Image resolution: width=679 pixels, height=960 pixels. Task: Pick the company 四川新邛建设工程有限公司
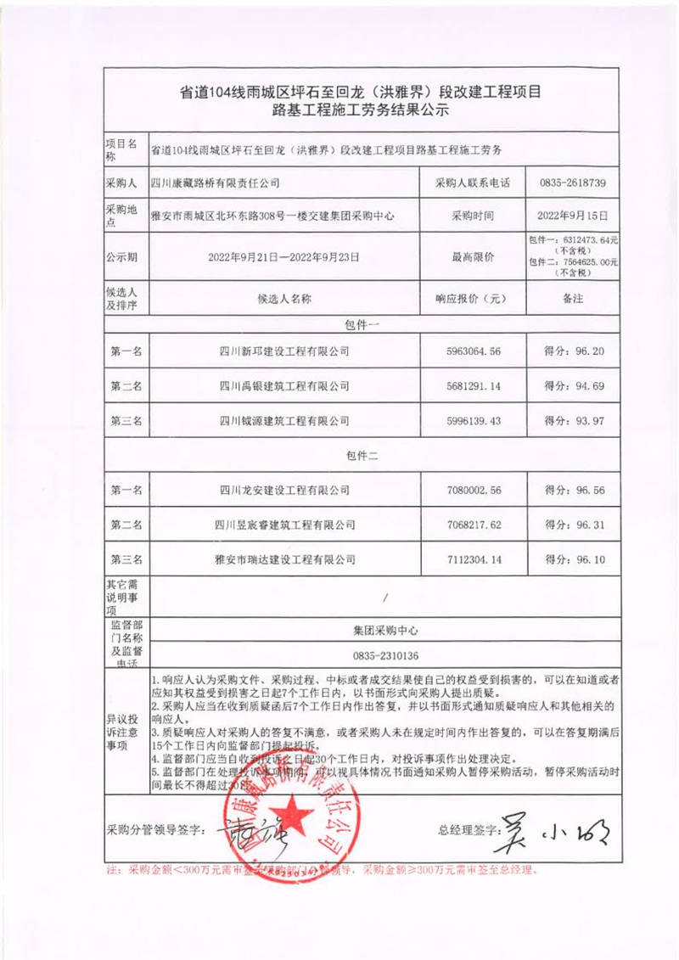point(284,351)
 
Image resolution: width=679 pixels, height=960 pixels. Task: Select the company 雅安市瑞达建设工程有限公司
point(284,560)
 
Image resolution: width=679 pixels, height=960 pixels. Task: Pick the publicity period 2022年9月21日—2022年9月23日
point(284,255)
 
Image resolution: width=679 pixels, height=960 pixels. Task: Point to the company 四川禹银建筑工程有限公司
point(284,385)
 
